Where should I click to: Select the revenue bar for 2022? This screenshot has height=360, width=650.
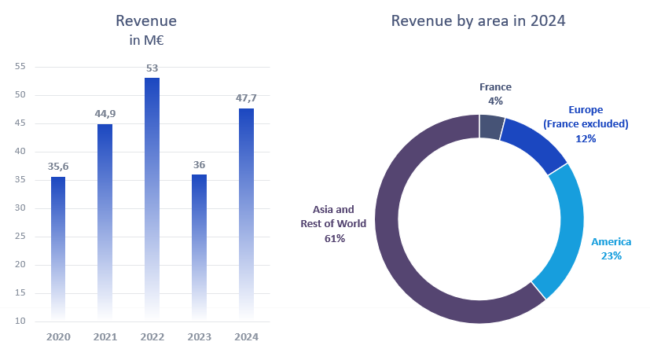tap(152, 197)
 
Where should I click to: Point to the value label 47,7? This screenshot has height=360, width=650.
tap(246, 98)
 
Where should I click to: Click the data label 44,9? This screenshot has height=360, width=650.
tap(105, 114)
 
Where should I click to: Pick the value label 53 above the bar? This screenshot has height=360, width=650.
tap(152, 68)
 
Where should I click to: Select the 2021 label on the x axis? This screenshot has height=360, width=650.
tap(105, 337)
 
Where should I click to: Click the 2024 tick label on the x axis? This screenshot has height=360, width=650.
tap(246, 337)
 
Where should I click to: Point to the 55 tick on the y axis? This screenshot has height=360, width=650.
tap(20, 67)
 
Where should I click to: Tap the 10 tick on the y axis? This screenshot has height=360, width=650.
tap(20, 321)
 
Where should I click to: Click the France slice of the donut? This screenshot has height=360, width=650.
tap(491, 127)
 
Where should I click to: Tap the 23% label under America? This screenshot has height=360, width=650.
tap(611, 255)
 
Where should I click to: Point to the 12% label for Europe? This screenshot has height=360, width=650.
tap(586, 138)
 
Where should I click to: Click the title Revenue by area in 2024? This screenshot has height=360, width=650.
tap(479, 21)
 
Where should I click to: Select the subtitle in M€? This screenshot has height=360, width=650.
tap(145, 40)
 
